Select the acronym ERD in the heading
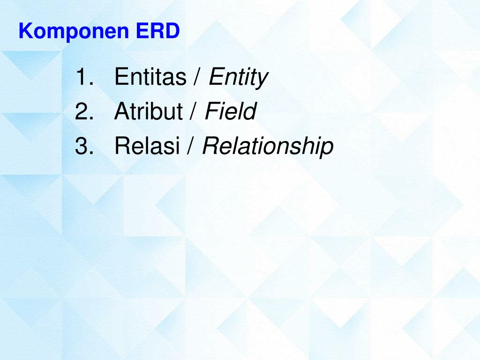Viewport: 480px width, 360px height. point(158,31)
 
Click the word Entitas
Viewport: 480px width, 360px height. point(150,77)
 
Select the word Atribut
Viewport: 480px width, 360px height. point(148,112)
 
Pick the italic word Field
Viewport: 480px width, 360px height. point(230,112)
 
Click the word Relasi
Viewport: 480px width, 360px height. point(147,147)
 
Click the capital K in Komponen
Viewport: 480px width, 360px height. point(25,31)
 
